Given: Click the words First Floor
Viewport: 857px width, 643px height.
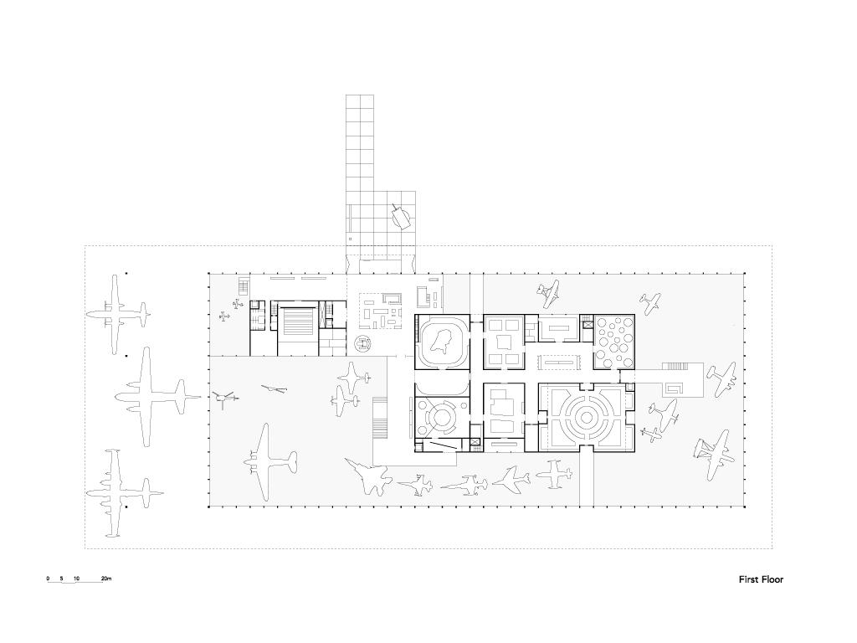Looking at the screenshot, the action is click(x=761, y=579).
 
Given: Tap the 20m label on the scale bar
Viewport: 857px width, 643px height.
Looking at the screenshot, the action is click(x=106, y=578).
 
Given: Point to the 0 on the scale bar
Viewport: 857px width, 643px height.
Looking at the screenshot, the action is click(x=48, y=578).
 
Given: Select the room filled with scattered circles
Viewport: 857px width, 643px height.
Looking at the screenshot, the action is click(x=613, y=342).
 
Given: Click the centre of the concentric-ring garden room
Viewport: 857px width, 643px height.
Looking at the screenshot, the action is click(x=586, y=419).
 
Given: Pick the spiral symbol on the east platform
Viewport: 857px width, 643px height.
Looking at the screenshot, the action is click(x=674, y=388).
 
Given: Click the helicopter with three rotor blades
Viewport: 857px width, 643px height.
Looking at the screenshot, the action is click(x=223, y=399).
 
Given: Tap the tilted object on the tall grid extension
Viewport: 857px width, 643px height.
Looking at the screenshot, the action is click(x=401, y=216).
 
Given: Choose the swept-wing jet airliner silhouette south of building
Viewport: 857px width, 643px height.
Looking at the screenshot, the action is click(x=511, y=478).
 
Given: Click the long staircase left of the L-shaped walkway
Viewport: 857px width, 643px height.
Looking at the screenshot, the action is click(x=379, y=419).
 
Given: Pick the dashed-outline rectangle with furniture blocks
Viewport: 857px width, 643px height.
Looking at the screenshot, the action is click(x=382, y=311).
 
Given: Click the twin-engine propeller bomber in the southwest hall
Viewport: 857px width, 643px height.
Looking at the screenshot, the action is click(x=268, y=461).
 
